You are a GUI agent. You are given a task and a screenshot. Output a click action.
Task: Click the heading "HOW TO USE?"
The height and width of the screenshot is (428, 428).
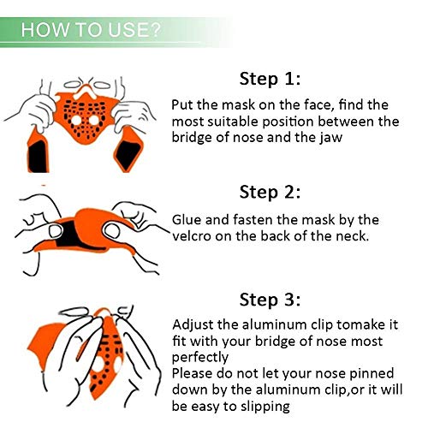click(x=91, y=30)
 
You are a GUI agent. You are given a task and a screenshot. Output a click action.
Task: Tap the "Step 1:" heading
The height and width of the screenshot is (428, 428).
click(x=270, y=79)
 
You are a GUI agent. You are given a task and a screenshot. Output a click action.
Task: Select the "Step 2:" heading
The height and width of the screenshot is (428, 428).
click(x=270, y=192)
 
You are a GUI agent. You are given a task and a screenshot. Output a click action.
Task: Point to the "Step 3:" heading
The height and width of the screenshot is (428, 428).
click(x=270, y=300)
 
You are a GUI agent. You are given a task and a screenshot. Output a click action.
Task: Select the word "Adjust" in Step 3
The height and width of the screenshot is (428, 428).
click(x=193, y=325)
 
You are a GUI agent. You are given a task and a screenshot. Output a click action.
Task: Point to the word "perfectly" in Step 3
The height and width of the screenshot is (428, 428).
click(x=200, y=358)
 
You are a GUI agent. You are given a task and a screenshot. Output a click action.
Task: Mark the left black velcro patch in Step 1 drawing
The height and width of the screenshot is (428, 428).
click(x=38, y=156)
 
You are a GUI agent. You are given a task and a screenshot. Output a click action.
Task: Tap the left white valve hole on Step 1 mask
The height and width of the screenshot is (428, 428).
click(x=76, y=120)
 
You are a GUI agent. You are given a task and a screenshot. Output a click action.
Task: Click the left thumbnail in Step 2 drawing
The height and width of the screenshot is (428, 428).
click(x=55, y=231)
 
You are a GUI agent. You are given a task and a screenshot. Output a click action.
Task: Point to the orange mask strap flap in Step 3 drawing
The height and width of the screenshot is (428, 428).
click(x=45, y=346)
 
